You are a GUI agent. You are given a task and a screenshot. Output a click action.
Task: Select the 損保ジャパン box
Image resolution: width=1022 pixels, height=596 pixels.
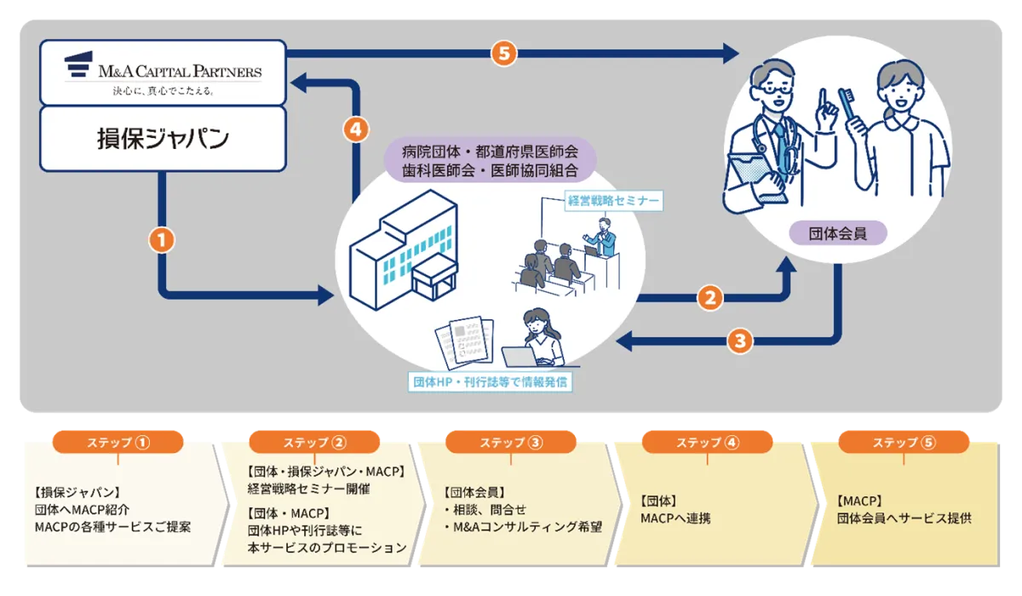163,137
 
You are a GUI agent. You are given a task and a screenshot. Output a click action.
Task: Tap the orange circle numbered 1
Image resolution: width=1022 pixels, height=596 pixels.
161,241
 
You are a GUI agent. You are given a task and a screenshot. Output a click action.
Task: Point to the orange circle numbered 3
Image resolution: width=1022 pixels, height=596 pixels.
739,341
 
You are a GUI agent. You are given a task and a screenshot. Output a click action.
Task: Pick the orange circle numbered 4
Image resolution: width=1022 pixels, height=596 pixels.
356,129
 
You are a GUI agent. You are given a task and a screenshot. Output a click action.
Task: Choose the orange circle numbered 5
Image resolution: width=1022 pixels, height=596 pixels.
504,53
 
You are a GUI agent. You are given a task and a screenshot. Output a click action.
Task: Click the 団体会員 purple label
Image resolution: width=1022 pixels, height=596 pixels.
839,232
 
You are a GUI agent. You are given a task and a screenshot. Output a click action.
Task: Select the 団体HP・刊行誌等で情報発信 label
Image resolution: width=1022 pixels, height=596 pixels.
489,381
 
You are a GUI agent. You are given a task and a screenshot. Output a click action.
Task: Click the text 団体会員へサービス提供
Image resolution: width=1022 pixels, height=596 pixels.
904,517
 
